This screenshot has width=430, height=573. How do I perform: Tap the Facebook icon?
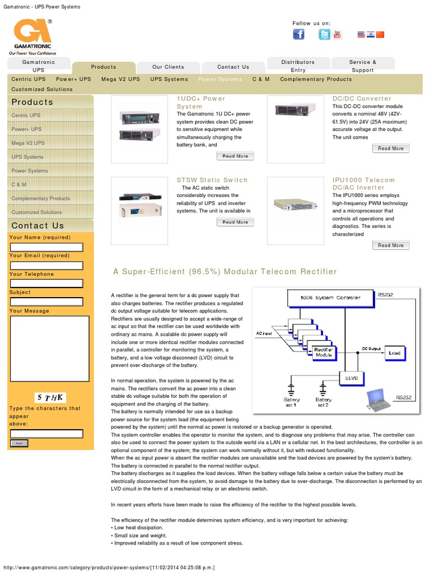(x=299, y=35)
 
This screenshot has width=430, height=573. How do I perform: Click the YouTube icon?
(x=338, y=35)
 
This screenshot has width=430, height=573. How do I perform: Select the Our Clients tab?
(x=168, y=67)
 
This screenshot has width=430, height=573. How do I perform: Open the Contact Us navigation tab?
(x=233, y=67)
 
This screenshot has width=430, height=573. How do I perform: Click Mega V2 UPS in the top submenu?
(x=120, y=79)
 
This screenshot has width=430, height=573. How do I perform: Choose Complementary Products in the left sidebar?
(x=40, y=199)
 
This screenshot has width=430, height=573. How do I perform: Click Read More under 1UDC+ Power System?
(x=235, y=156)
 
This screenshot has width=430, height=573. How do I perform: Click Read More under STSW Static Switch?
(x=235, y=222)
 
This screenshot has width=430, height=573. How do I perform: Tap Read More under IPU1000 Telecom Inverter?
(x=390, y=245)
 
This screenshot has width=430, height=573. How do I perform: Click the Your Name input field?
(x=46, y=247)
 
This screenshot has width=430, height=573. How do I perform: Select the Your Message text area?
(x=49, y=348)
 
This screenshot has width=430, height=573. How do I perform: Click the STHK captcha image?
(x=51, y=398)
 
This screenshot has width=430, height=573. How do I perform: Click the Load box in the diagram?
(x=394, y=353)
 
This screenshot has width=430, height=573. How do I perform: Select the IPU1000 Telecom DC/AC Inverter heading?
(x=363, y=184)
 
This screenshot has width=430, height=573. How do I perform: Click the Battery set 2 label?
(x=323, y=402)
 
